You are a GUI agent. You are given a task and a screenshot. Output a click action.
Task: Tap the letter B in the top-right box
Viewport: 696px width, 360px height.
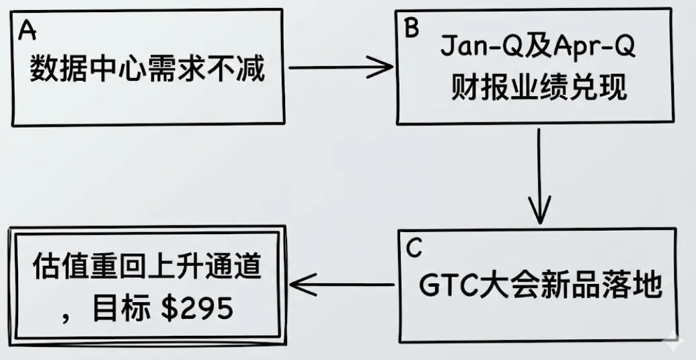click(x=411, y=28)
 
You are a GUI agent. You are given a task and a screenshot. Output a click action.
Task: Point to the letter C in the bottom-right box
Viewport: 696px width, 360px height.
click(x=414, y=248)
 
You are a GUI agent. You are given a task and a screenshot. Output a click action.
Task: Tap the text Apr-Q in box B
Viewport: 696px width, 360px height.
click(x=592, y=48)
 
